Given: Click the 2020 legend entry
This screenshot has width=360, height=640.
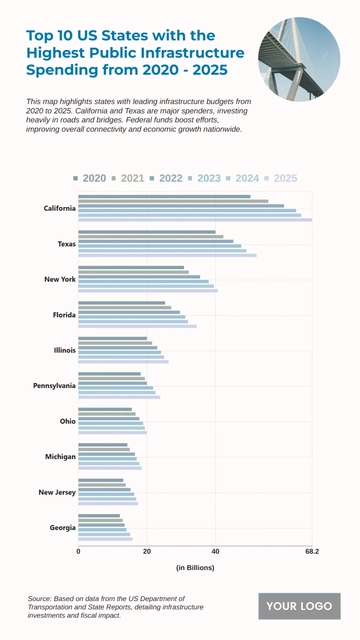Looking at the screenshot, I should pyautogui.click(x=90, y=178).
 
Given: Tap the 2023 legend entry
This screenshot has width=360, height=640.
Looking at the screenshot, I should pyautogui.click(x=204, y=178).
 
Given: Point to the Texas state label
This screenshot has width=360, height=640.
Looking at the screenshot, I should pyautogui.click(x=66, y=244).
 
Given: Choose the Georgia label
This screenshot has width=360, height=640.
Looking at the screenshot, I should pyautogui.click(x=62, y=527).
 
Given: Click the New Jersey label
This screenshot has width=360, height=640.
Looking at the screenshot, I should pyautogui.click(x=57, y=492).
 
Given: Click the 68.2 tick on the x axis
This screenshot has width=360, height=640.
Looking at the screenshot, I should pyautogui.click(x=311, y=551).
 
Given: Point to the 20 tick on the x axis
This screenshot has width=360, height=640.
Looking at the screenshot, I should pyautogui.click(x=147, y=551).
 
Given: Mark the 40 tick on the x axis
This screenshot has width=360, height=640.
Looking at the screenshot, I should pyautogui.click(x=215, y=551).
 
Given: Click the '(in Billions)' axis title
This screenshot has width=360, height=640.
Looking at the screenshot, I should pyautogui.click(x=195, y=568).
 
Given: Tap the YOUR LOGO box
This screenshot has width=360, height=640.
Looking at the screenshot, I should pyautogui.click(x=299, y=606).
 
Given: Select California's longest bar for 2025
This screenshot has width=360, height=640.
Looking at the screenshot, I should pyautogui.click(x=195, y=219).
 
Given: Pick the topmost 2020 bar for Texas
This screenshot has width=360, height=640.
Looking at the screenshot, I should pyautogui.click(x=147, y=232).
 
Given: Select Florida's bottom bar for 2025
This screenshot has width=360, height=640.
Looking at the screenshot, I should pyautogui.click(x=137, y=326).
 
